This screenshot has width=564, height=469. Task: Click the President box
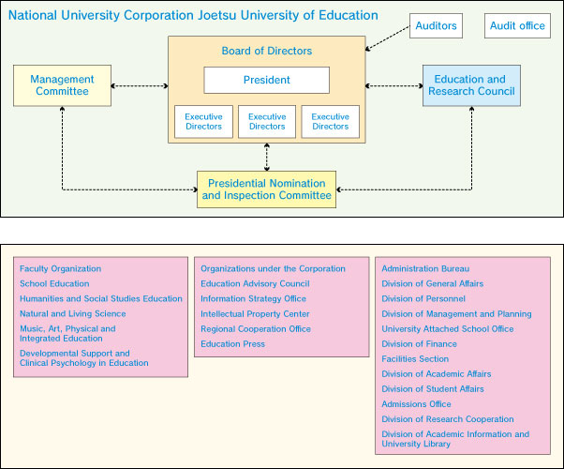coord(267,80)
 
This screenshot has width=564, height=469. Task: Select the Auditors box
coord(437,26)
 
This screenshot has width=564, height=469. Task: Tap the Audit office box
coord(517,26)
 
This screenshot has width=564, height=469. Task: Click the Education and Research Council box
coord(469,85)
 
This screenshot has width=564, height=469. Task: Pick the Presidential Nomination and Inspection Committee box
coord(266,189)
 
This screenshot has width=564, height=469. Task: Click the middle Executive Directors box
coord(267,122)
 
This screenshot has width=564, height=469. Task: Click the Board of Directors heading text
coord(267,51)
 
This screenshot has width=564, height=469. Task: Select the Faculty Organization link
coord(58,269)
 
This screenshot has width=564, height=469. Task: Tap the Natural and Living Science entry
coord(72,314)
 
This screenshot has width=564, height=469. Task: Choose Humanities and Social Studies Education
coord(101,299)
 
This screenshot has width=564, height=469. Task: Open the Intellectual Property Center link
coord(255,314)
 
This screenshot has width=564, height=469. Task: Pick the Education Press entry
coord(232,344)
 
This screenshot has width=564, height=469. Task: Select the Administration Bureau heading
coord(425,269)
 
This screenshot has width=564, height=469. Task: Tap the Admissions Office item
coord(416,404)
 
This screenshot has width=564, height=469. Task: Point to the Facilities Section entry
coord(415,359)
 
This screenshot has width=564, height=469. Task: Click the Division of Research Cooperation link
coord(448,419)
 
